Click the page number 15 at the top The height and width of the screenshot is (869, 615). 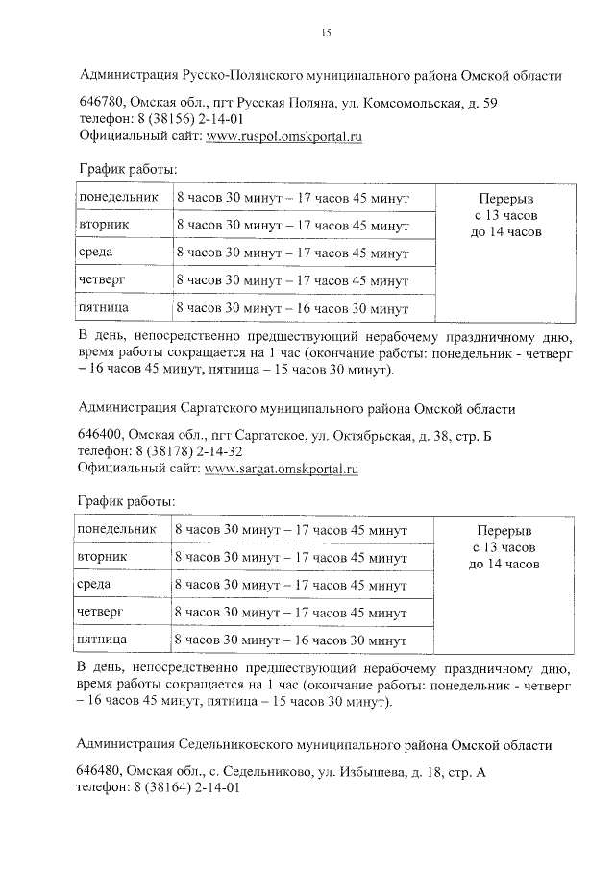point(325,34)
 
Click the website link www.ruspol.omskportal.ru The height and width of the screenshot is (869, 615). point(284,137)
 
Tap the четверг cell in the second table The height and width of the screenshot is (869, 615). point(101,611)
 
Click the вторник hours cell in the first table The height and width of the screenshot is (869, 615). point(293,226)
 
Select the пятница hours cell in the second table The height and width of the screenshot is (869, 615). point(293,640)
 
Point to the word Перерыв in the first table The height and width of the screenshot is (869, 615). point(506,199)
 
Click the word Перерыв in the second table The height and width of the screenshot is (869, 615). point(504,530)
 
